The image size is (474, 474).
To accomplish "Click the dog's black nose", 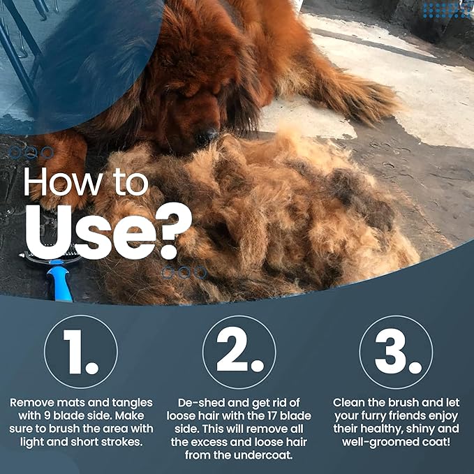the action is coord(207,136).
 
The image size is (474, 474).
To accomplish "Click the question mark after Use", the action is coord(172,231).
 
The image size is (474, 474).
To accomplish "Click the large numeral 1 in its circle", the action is coord(80,352).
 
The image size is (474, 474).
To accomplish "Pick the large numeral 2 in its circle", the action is coord(240,350).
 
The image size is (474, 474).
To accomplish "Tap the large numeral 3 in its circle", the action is coord(398,351).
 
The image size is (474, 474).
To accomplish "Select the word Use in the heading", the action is coord(88,232).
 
